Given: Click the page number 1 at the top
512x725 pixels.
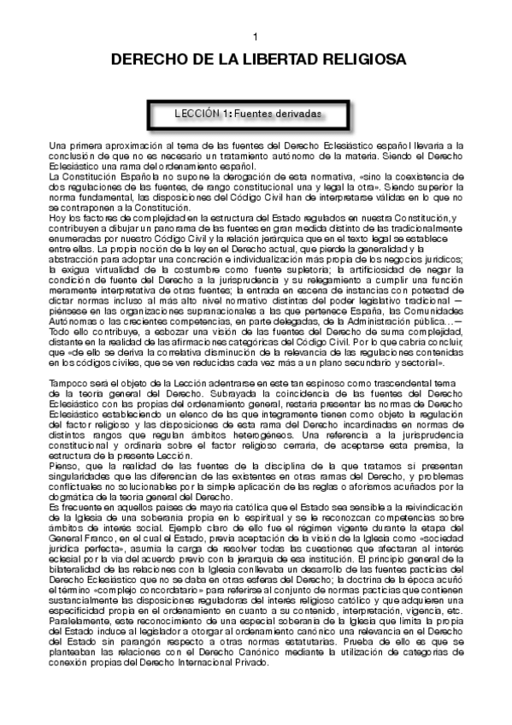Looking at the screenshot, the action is (256, 38).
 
